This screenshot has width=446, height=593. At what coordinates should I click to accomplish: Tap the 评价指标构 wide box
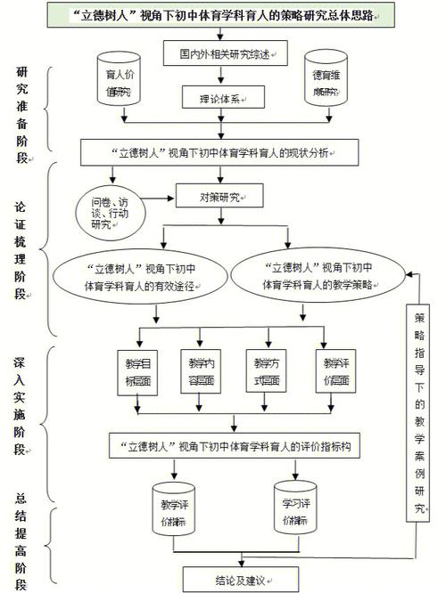coord(235,446)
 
